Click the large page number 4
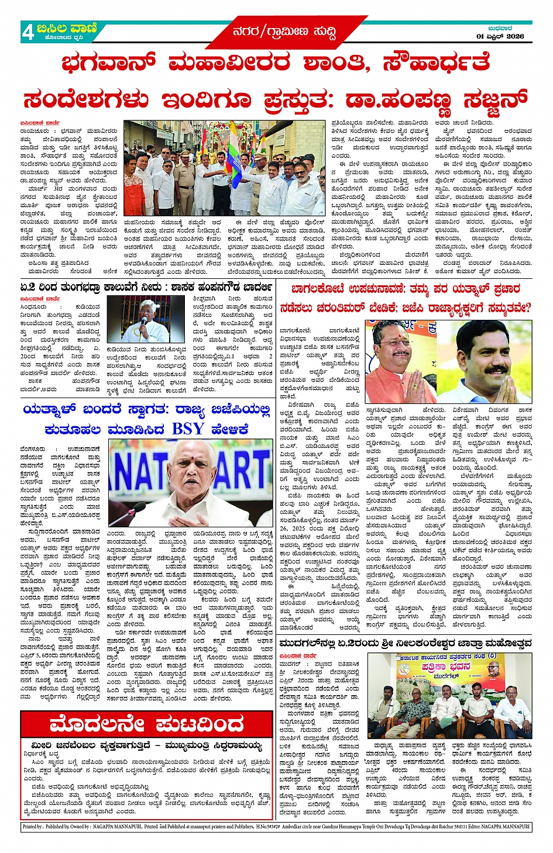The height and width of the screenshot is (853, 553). pos(28,32)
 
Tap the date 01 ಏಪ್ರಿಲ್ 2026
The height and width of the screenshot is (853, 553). pos(500,36)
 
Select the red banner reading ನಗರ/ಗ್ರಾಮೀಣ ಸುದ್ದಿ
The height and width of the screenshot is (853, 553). pos(284,32)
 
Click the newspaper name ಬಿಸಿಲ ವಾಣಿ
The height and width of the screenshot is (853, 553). pos(66,28)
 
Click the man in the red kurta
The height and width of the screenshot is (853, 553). pos(134,187)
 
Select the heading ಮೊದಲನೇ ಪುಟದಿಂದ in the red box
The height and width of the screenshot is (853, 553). pos(146,725)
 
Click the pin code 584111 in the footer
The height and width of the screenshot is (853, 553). pos(446,827)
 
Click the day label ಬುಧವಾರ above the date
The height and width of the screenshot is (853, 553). pos(500,28)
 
